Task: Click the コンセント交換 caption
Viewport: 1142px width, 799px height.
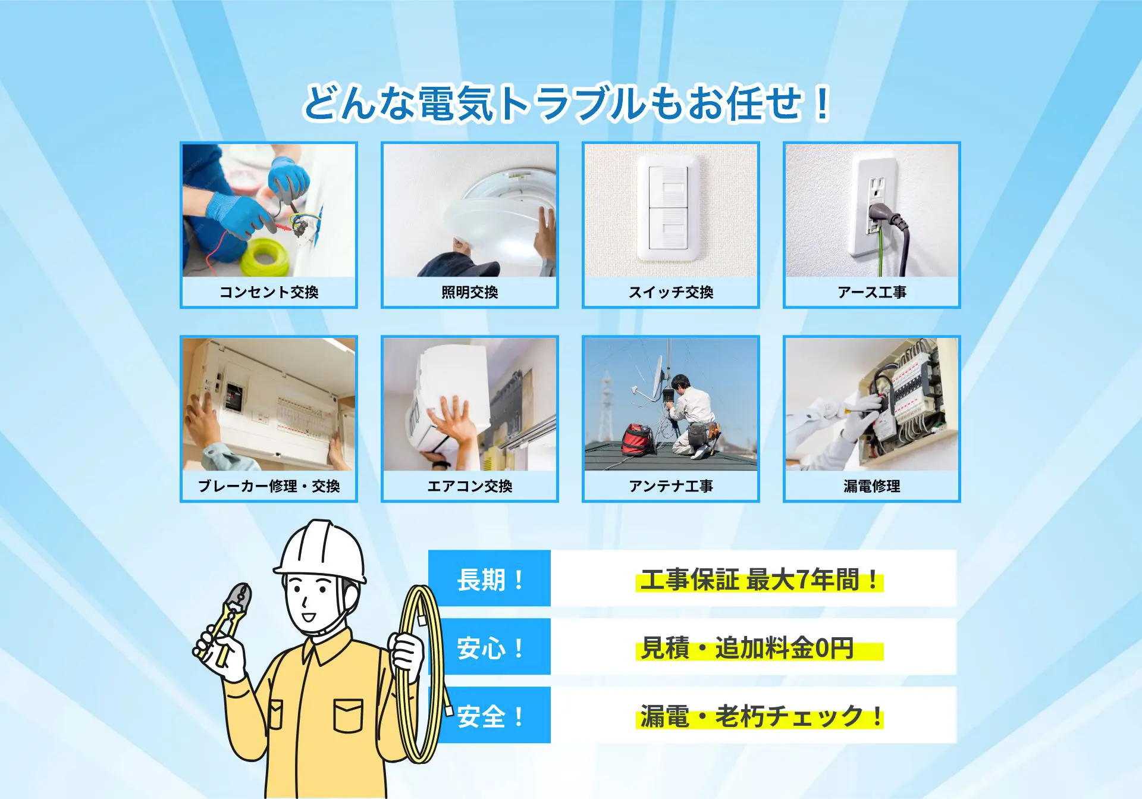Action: point(269,292)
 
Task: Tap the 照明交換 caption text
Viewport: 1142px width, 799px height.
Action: point(469,292)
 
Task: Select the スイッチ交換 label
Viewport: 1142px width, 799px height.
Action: point(670,292)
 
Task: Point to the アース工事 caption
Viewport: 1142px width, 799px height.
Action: point(871,292)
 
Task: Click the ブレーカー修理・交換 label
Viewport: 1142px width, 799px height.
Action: point(269,486)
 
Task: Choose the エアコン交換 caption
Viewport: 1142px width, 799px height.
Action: point(469,486)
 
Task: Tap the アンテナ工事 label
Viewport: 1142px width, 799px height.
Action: point(670,486)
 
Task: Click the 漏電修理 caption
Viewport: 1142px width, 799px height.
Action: point(871,486)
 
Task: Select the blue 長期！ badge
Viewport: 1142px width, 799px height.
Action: point(490,579)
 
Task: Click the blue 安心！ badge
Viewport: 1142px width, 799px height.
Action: point(490,647)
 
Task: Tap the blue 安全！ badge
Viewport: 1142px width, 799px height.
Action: point(490,716)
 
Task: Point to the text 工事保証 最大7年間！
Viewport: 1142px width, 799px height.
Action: point(759,579)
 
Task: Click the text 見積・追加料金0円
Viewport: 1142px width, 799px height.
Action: point(747,648)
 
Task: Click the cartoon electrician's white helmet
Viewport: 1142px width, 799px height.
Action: point(321,550)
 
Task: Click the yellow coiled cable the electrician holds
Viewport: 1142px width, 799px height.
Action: point(423,672)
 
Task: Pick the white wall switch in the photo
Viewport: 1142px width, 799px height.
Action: point(669,208)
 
